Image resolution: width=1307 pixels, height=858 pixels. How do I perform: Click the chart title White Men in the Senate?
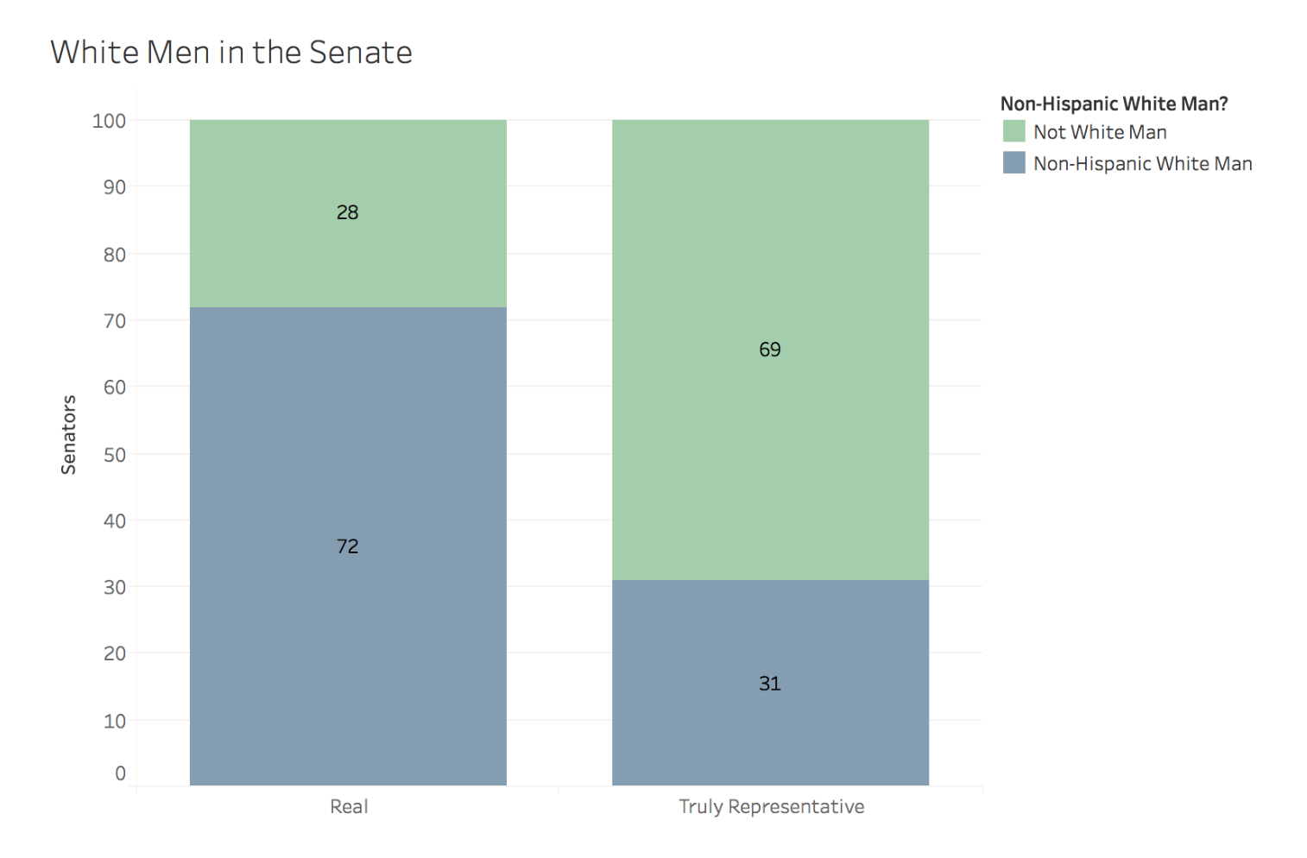(231, 53)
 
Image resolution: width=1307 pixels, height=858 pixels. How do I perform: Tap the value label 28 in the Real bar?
(347, 212)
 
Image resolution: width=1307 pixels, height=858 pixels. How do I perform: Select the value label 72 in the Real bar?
(347, 546)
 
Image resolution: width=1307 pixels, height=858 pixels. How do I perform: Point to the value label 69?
(769, 350)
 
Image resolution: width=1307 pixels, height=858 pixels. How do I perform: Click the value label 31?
(769, 684)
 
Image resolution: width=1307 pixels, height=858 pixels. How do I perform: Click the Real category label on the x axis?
(349, 806)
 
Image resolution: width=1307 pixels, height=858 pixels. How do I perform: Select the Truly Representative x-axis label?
(771, 806)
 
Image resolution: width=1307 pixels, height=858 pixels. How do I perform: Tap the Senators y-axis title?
(69, 434)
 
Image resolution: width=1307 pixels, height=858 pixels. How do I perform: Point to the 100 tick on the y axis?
(109, 121)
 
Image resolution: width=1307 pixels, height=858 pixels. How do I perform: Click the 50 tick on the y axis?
(114, 455)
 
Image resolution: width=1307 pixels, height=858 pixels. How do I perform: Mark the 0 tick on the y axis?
(120, 773)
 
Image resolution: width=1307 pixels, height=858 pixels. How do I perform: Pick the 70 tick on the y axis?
(114, 321)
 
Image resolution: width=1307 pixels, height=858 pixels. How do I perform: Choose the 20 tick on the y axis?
(114, 653)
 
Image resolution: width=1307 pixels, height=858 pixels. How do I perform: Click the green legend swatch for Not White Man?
(1013, 131)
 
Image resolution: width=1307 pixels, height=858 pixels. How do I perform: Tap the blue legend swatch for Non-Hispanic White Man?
(1013, 162)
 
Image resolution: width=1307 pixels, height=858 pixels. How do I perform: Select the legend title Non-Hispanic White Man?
(1114, 104)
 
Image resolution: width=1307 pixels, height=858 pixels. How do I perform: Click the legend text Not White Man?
(1100, 132)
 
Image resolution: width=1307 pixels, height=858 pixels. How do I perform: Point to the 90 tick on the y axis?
(114, 187)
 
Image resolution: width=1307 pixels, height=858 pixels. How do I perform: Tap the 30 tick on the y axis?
(114, 587)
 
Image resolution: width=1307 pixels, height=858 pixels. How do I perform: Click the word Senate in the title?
(360, 53)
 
